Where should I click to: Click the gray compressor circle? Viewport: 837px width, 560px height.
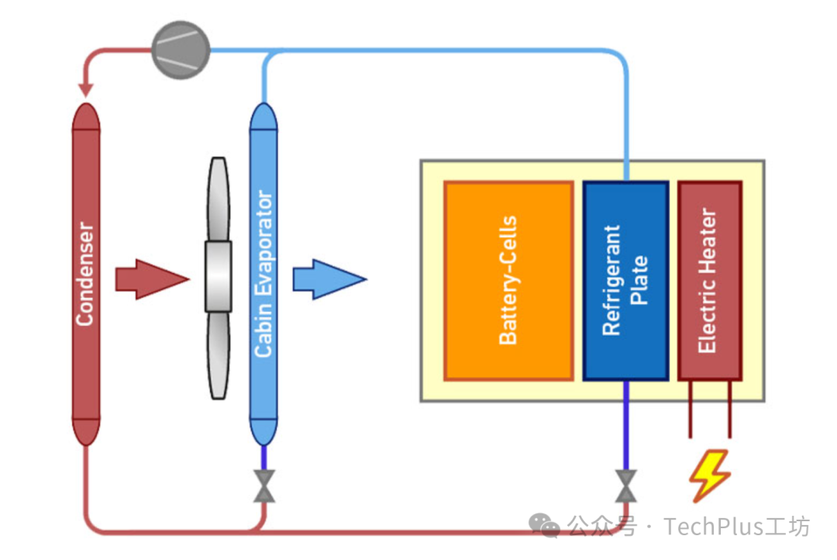181,50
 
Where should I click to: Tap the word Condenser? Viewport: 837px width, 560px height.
85,274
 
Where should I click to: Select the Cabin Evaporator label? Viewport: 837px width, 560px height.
263,274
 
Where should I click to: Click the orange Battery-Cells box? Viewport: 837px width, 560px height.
508,281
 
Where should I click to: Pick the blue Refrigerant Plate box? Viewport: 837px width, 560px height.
626,281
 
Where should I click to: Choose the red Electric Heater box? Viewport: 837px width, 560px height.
710,281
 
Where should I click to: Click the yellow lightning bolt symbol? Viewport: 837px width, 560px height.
709,475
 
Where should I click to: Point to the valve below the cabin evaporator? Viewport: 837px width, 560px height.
264,486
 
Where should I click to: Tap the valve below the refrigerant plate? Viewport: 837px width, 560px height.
626,486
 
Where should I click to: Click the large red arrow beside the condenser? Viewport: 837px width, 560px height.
152,279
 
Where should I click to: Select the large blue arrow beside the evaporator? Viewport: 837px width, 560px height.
329,279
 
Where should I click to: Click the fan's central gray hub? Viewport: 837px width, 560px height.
219,276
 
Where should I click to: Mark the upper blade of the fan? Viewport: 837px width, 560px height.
219,199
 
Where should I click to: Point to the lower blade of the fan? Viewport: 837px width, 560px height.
219,355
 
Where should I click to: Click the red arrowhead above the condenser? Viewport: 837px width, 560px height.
85,90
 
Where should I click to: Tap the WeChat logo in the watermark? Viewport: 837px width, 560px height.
545,525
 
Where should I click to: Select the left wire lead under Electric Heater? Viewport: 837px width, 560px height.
691,410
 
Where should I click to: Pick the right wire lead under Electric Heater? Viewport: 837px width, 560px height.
730,410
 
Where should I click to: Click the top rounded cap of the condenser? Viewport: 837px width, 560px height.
86,117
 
